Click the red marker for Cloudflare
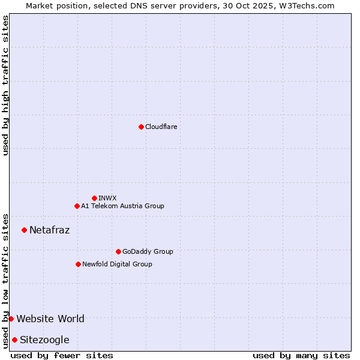click(x=141, y=127)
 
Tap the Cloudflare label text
click(x=161, y=127)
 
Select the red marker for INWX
click(x=94, y=198)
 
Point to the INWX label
click(x=107, y=198)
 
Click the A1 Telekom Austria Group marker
click(x=77, y=206)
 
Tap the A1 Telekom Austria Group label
click(x=122, y=206)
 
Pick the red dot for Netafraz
click(x=24, y=230)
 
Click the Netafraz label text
click(x=49, y=230)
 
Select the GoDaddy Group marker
click(x=118, y=251)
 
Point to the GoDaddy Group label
click(x=147, y=251)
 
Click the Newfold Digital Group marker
click(x=78, y=264)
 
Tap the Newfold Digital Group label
click(x=117, y=264)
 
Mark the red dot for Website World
click(x=11, y=319)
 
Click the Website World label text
click(x=50, y=319)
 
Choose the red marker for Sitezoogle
click(x=14, y=340)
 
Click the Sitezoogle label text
click(x=44, y=340)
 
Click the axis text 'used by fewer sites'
click(x=62, y=355)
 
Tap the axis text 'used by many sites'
click(x=301, y=355)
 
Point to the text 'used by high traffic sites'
click(x=5, y=85)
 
